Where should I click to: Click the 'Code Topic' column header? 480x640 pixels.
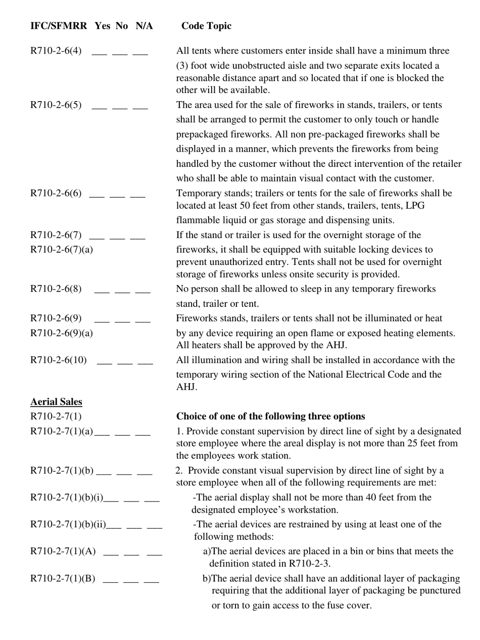click(x=206, y=26)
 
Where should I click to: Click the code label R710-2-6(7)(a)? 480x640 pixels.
click(x=62, y=249)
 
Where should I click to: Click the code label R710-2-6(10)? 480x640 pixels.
click(x=59, y=360)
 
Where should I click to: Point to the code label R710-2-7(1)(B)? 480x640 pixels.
click(x=63, y=578)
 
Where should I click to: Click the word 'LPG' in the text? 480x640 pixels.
click(x=414, y=206)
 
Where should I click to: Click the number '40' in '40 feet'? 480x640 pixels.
click(x=370, y=497)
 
